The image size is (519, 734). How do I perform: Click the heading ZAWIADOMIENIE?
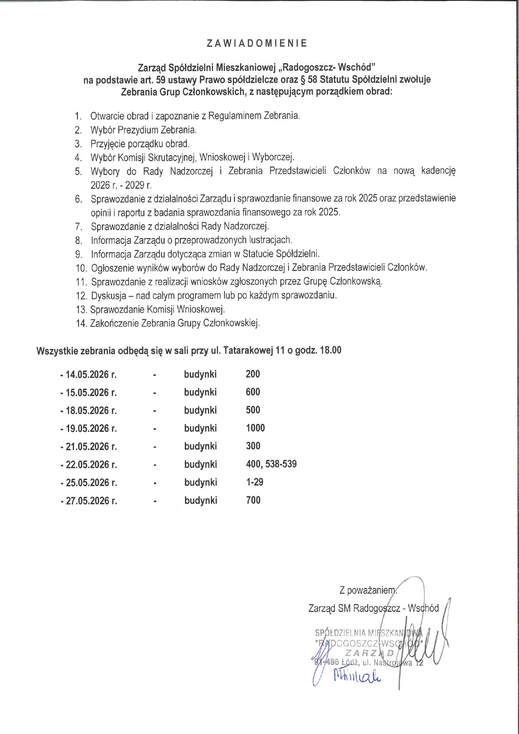click(x=257, y=43)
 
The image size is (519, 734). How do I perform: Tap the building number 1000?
click(x=255, y=428)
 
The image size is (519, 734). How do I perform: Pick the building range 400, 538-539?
click(x=271, y=464)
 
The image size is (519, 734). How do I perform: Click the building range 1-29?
click(x=254, y=482)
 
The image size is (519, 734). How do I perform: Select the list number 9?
click(x=79, y=254)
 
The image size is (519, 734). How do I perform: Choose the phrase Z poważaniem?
click(x=367, y=590)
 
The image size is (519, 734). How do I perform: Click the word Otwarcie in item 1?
click(x=105, y=116)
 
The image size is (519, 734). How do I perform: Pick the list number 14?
click(x=81, y=323)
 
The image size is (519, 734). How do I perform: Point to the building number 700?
click(x=253, y=500)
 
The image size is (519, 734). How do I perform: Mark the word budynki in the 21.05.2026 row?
click(x=200, y=446)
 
